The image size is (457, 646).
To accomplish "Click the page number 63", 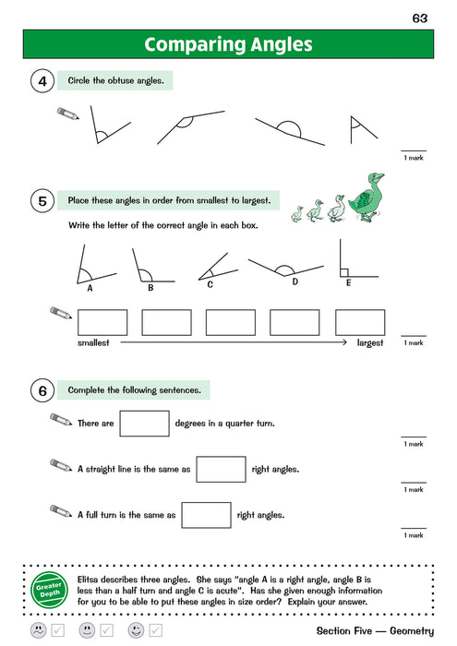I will click(420, 18).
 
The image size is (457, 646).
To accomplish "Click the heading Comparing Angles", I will click(228, 44).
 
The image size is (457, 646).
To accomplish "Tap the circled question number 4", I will click(42, 81).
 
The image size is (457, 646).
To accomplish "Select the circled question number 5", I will click(42, 200).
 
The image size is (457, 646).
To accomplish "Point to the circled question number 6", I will click(42, 390).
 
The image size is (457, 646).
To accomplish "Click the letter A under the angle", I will click(90, 287).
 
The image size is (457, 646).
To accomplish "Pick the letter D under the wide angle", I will click(295, 281).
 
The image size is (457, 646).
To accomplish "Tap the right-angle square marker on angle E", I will click(343, 272).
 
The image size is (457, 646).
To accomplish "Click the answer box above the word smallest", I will click(102, 321).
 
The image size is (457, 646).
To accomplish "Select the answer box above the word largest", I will click(359, 321).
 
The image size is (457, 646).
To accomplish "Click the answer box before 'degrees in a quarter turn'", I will click(144, 424).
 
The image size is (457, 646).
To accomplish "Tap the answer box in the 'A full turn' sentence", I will click(206, 515).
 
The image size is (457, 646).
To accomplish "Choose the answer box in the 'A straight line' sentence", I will click(221, 469).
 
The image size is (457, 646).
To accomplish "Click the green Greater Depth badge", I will click(45, 587).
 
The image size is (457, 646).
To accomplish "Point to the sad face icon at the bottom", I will click(38, 631).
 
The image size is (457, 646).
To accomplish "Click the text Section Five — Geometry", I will click(374, 631).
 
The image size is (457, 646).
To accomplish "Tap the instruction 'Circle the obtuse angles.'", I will click(114, 81).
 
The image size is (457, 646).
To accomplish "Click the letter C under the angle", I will click(210, 284).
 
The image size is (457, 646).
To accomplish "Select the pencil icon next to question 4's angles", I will click(68, 114).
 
